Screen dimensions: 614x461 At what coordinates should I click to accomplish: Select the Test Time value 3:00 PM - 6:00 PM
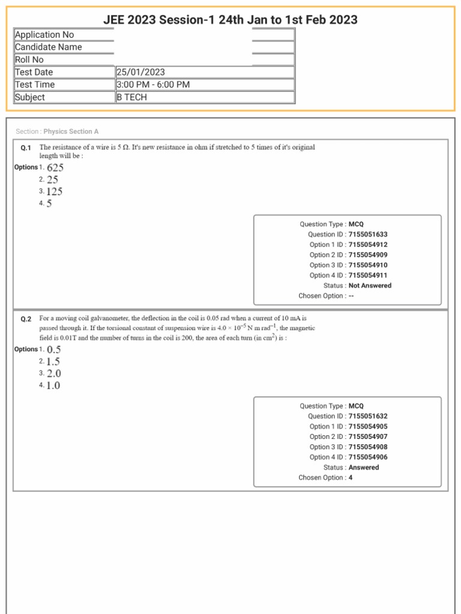point(153,85)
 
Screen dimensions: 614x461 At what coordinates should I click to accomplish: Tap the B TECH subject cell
point(131,97)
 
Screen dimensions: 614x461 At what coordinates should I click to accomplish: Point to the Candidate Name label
point(48,47)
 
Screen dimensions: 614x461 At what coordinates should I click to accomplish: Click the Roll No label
point(29,59)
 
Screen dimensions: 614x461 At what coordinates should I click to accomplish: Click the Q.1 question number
point(26,148)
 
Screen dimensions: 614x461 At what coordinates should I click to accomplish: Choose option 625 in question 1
point(55,167)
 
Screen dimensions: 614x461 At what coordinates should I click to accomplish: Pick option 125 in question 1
point(54,192)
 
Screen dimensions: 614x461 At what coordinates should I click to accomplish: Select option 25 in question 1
point(52,180)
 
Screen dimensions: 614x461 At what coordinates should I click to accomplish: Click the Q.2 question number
point(26,320)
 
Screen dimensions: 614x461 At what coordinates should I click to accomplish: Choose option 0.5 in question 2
point(53,350)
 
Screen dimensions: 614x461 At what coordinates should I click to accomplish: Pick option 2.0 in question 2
point(53,374)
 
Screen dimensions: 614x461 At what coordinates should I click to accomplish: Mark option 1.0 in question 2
point(53,386)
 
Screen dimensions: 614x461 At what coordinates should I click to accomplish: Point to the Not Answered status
point(370,285)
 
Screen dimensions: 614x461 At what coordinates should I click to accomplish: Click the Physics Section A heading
point(71,131)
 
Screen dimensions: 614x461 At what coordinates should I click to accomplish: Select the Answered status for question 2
point(364,467)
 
